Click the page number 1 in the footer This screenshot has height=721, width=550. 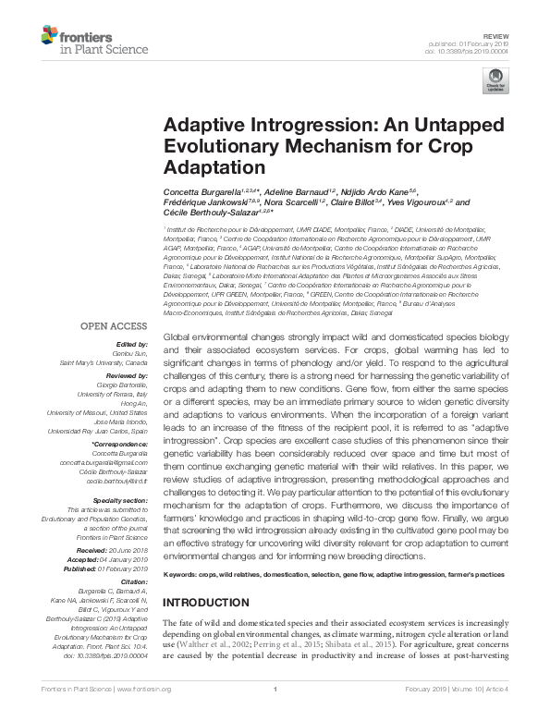click(275, 714)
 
